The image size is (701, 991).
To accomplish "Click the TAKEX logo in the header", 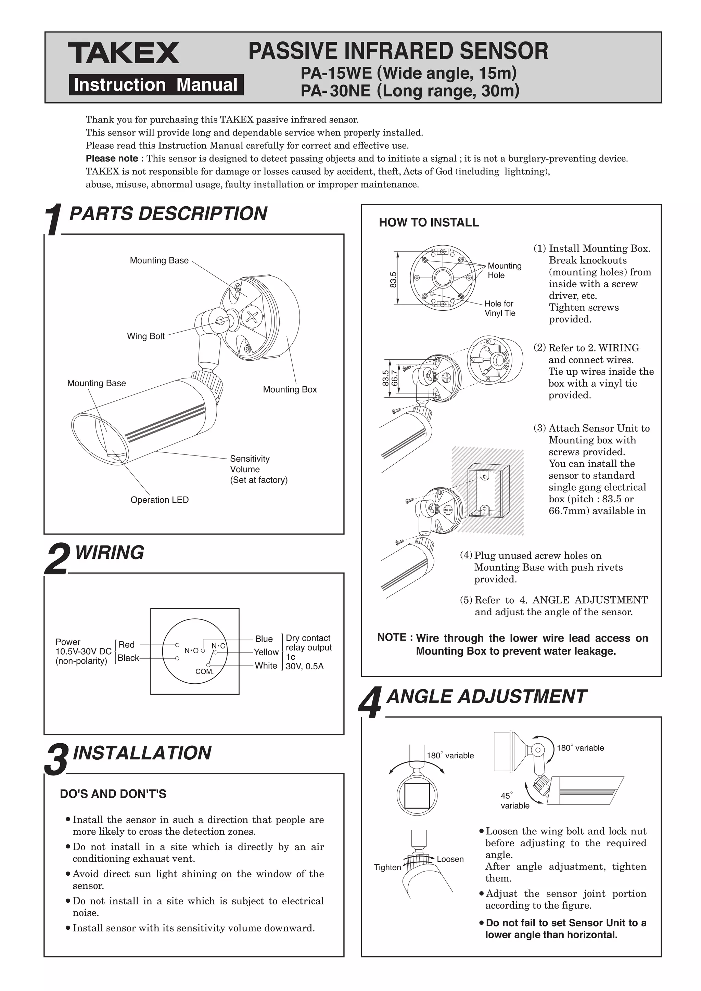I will click(124, 53).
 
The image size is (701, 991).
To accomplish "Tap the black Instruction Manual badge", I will click(156, 85).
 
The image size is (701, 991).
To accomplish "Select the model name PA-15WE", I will click(336, 73).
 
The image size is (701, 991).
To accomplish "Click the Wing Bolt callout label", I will click(145, 336).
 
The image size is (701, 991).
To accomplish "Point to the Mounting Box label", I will click(290, 389).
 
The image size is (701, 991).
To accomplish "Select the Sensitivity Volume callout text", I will click(258, 469).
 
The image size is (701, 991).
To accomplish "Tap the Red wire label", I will click(126, 644).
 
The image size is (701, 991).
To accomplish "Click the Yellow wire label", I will click(266, 652).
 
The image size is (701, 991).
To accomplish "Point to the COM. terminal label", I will click(205, 672).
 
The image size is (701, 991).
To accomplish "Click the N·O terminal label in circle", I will click(191, 651).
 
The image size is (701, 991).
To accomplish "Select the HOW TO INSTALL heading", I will click(429, 222).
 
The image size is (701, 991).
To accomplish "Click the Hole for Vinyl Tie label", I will click(499, 308).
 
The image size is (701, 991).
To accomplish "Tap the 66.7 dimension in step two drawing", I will click(394, 378).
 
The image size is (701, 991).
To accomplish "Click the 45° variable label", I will click(514, 801).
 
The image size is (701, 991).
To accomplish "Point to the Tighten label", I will click(387, 867).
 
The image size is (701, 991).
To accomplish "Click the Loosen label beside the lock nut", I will click(450, 859).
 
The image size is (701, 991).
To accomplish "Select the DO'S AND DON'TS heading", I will click(113, 794).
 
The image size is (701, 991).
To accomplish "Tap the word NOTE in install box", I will click(392, 638).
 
